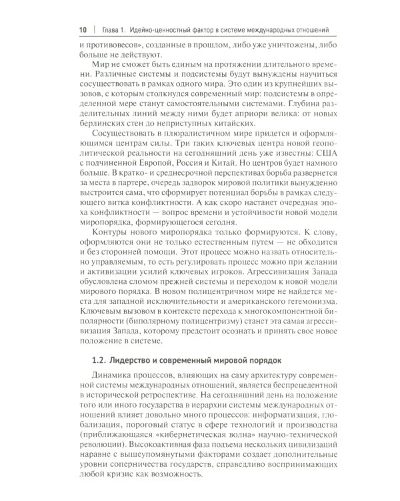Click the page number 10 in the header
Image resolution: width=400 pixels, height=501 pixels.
(x=83, y=29)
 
